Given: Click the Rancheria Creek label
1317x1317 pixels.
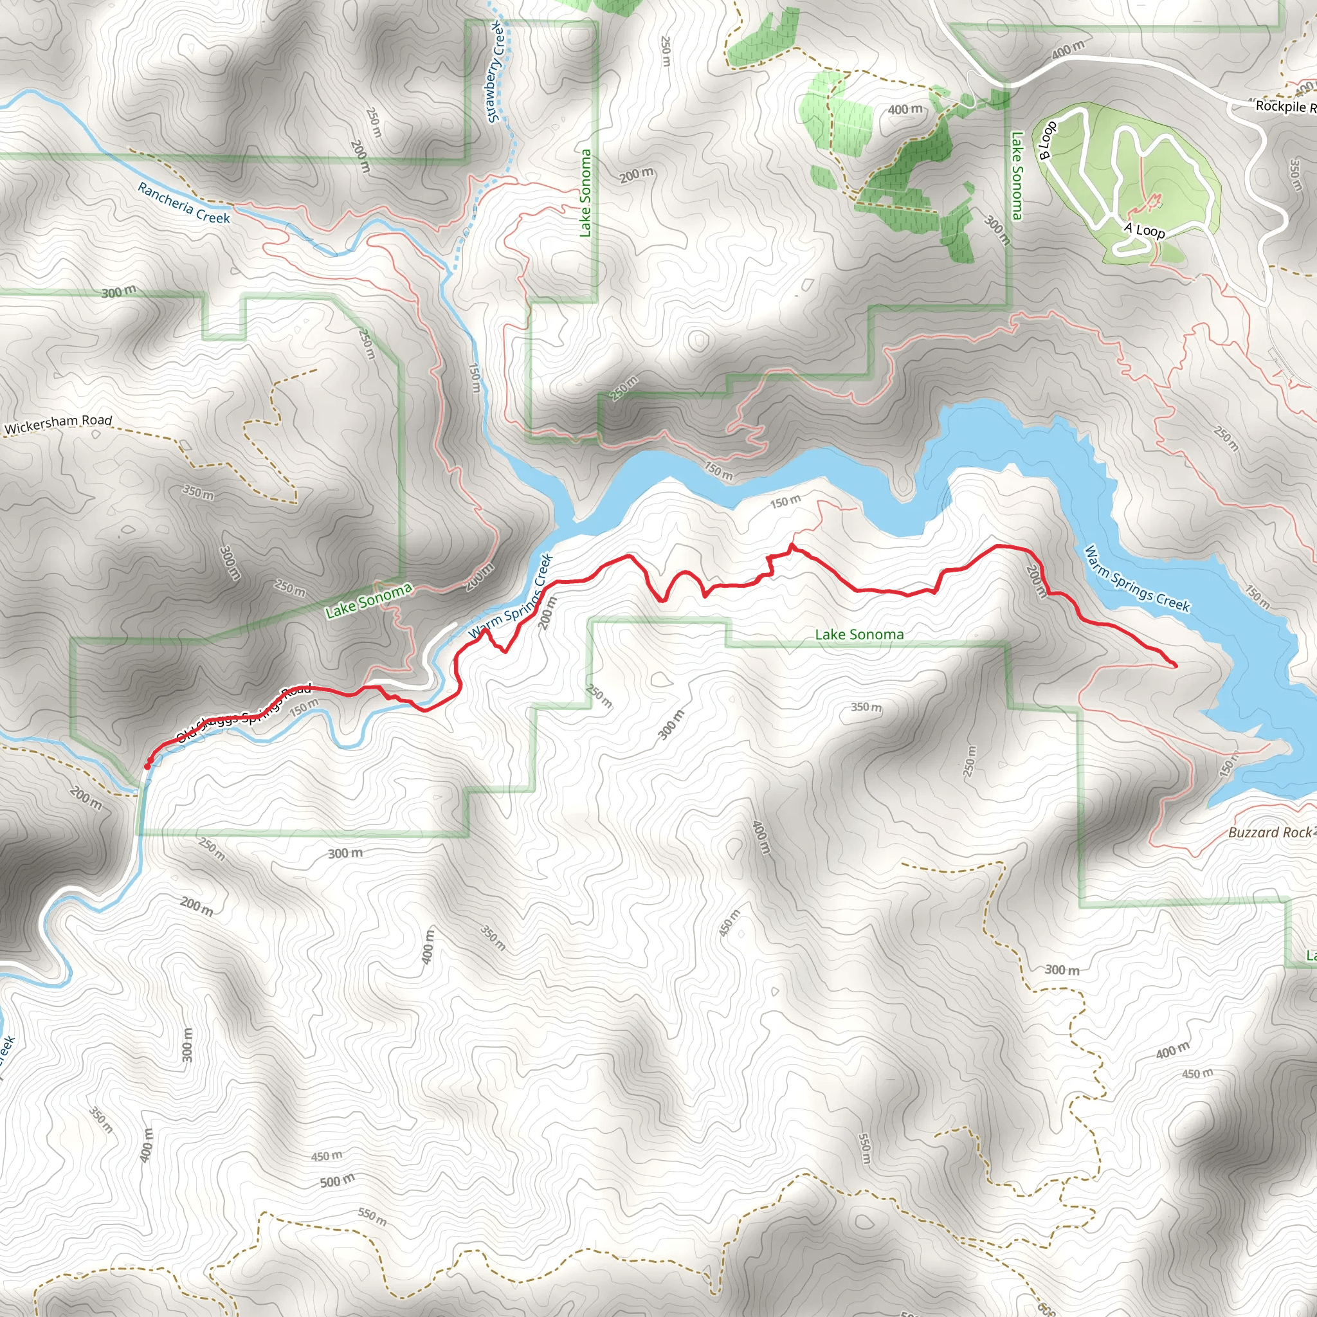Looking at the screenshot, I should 184,203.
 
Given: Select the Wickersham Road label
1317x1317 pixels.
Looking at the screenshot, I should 58,424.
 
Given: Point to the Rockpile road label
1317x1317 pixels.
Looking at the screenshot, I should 1284,105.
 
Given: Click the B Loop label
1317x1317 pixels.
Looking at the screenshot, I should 1047,140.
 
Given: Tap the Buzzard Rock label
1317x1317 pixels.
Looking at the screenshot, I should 1269,832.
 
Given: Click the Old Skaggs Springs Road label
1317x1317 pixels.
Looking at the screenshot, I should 243,713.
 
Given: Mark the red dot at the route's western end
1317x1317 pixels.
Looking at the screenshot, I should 147,766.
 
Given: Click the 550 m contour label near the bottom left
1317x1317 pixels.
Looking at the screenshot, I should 372,1216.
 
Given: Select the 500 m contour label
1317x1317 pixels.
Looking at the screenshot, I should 337,1181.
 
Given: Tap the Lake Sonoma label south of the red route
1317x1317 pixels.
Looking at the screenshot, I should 859,635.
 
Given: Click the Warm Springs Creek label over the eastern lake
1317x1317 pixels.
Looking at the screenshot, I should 1136,579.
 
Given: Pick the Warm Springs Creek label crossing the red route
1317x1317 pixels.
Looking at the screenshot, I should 511,597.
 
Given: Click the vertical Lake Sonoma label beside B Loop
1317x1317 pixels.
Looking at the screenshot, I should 1017,175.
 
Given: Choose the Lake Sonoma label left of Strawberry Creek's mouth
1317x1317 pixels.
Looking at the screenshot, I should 585,193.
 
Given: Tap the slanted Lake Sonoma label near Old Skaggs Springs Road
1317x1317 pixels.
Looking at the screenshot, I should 368,601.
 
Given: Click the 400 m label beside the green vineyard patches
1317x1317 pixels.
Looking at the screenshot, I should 905,109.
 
